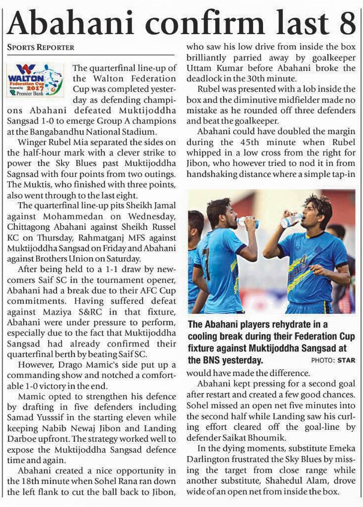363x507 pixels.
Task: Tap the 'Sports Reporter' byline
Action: click(x=41, y=48)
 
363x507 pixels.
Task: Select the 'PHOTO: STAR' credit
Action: click(x=333, y=360)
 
